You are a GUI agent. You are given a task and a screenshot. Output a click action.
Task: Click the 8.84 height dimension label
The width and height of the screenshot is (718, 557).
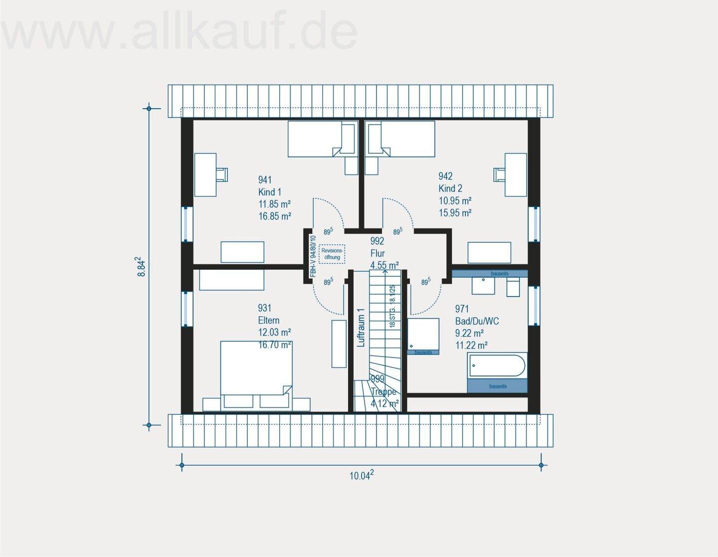[142, 267]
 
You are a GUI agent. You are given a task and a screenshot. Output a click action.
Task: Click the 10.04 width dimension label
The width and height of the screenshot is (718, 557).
[361, 476]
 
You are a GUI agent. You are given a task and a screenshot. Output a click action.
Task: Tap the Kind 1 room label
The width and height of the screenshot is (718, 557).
[270, 192]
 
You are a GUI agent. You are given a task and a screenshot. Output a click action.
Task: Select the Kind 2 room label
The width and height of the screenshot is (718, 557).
[450, 188]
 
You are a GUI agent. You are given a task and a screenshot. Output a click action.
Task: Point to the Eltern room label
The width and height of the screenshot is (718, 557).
[268, 321]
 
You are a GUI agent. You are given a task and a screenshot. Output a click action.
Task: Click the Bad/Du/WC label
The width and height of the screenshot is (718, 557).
[477, 321]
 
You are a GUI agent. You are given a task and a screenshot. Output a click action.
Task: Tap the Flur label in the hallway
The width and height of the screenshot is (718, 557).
[377, 253]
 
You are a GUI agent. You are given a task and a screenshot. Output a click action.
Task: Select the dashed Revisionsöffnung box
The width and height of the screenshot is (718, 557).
[332, 254]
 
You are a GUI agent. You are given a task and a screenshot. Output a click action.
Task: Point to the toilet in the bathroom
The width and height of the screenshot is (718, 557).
[513, 287]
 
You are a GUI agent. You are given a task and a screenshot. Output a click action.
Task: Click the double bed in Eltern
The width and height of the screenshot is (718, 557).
[256, 369]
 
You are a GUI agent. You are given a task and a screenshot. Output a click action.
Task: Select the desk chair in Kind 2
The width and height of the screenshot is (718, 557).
[499, 174]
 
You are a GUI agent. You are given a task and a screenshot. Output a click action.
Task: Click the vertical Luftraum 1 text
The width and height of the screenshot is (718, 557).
[361, 328]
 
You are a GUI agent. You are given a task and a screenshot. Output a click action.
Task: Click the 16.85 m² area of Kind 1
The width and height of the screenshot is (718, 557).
[274, 216]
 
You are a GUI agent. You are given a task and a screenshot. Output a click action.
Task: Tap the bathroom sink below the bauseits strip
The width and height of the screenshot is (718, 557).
[483, 285]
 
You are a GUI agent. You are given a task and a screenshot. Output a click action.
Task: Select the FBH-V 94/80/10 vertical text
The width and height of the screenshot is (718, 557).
[313, 256]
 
